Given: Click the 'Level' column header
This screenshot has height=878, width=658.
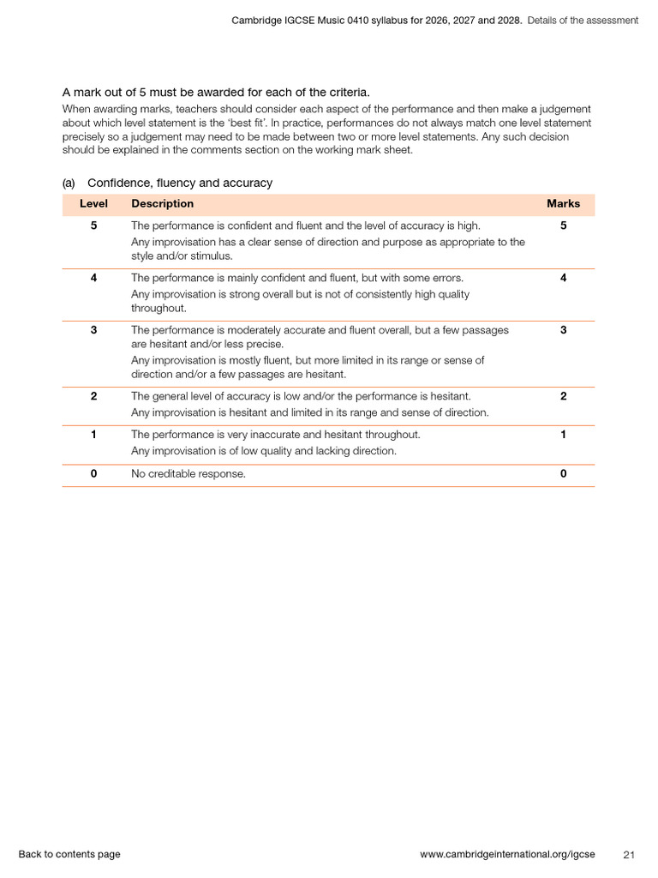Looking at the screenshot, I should (93, 204).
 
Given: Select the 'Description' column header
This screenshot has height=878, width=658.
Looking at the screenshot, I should (162, 204).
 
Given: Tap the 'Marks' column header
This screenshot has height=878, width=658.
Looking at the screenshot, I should (563, 204).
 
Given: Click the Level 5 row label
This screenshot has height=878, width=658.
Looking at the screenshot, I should (93, 226).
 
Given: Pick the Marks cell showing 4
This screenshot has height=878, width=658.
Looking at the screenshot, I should (563, 278).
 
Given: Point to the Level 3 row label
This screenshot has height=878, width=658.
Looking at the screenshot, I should (93, 330).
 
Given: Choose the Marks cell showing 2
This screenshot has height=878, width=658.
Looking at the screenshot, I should (563, 396).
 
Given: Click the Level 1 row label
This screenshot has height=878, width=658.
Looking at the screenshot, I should (93, 435).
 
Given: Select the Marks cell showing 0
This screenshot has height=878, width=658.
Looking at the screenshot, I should (563, 474).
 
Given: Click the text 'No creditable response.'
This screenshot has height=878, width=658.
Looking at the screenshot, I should (188, 474).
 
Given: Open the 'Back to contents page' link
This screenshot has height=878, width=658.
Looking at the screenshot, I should (69, 854).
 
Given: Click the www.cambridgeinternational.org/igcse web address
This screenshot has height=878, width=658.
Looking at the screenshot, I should (507, 854).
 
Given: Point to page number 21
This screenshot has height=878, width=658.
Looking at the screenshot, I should (629, 854).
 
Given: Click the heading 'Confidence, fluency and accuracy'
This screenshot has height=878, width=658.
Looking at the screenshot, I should (180, 183).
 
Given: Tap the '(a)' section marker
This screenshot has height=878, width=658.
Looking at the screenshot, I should (69, 183).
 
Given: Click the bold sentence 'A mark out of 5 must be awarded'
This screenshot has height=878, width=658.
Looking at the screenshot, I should (216, 92).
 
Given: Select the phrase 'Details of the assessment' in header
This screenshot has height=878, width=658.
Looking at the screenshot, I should (583, 20).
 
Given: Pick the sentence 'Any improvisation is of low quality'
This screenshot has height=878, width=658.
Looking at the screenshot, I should (263, 451).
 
